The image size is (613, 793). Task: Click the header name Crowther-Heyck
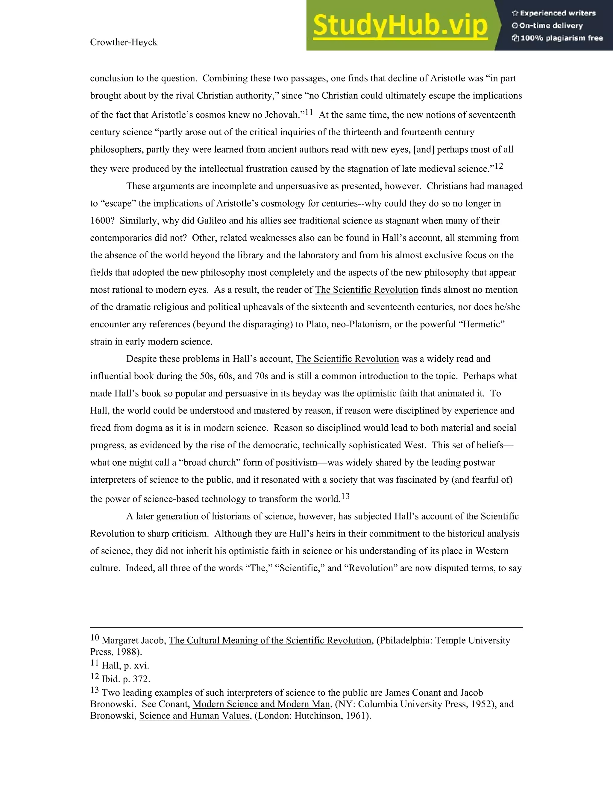tap(124, 42)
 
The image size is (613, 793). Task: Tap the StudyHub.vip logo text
tap(400, 25)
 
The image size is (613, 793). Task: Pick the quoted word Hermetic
tap(482, 324)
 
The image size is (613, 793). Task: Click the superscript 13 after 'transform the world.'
tap(345, 496)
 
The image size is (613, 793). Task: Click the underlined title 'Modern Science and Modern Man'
tap(261, 704)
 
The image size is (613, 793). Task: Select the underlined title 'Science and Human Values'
tap(194, 716)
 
